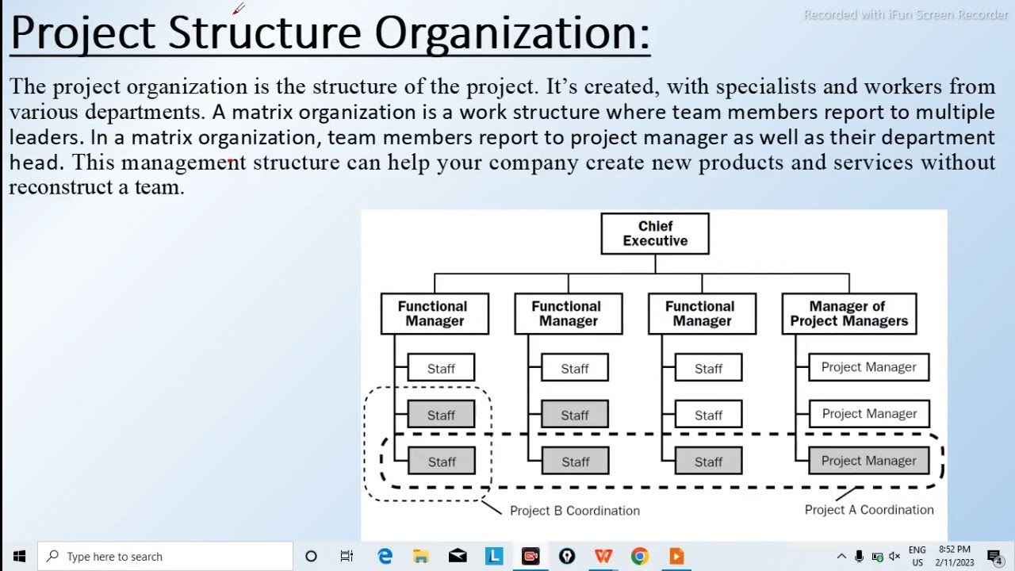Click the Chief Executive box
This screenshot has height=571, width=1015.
(x=654, y=234)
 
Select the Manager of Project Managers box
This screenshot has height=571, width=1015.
(x=848, y=313)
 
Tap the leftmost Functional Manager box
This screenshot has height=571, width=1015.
(x=434, y=313)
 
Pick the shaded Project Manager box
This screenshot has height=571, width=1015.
(x=868, y=461)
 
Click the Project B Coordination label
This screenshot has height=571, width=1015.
(x=575, y=511)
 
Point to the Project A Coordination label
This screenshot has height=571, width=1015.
(x=869, y=510)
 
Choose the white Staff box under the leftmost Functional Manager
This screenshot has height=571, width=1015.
(x=441, y=368)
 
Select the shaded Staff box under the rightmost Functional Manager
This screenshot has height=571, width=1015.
(x=708, y=462)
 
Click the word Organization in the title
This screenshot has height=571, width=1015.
(x=512, y=33)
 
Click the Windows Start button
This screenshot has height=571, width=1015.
(x=19, y=556)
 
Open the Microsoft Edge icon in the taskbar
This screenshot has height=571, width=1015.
(x=385, y=556)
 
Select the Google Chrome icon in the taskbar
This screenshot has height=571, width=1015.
(x=640, y=556)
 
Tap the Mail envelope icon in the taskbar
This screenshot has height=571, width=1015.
(x=458, y=556)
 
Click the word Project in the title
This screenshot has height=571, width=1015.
(x=82, y=33)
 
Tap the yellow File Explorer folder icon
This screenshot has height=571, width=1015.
(x=421, y=556)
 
